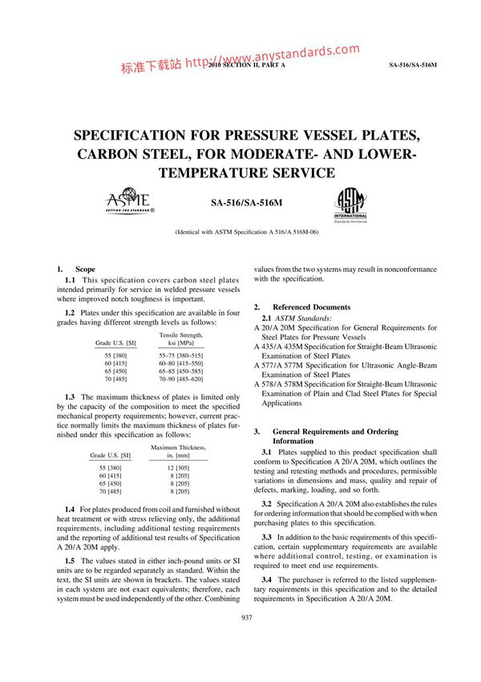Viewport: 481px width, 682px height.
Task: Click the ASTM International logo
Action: tap(350, 204)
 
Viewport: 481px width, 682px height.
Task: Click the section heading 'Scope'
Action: tap(85, 269)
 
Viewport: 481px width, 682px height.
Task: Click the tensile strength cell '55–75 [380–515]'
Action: tap(181, 355)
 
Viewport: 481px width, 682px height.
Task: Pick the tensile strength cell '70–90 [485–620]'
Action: tap(181, 379)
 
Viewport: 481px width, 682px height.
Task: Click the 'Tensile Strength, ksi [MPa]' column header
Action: tap(181, 339)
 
